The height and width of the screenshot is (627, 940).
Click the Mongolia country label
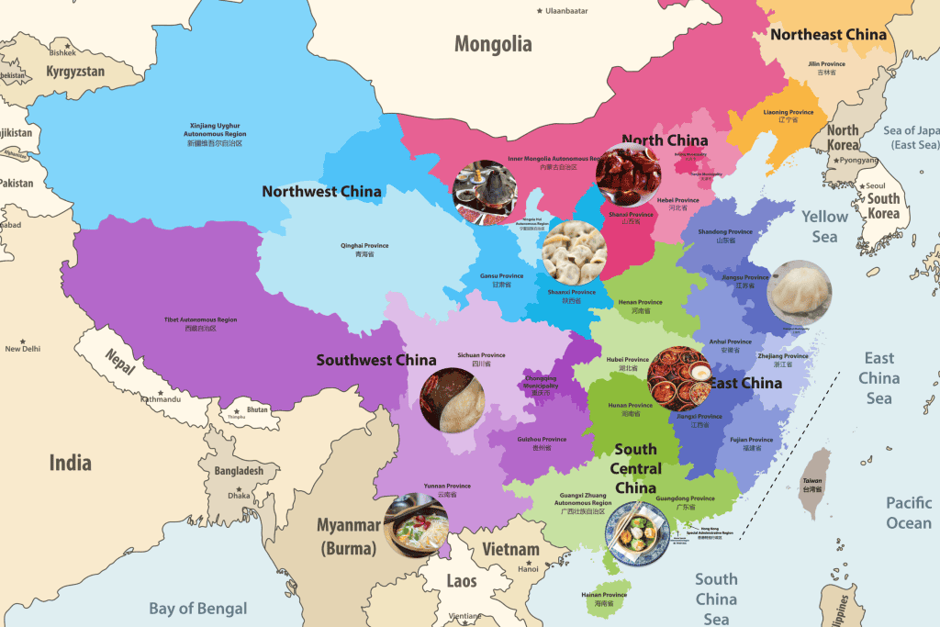[x=493, y=44]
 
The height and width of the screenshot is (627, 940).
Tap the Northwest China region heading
[x=321, y=192]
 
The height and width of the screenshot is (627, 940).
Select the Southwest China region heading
[x=376, y=360]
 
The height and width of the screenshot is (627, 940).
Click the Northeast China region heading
[x=828, y=35]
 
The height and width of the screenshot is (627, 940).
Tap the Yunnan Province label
[x=446, y=489]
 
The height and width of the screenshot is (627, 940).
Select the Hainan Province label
[x=604, y=599]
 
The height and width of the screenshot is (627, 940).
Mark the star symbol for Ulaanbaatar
[x=540, y=11]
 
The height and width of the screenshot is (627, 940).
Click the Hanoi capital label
[x=528, y=568]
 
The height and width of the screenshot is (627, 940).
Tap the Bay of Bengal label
[x=198, y=608]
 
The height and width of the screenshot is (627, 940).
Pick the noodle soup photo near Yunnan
[x=416, y=525]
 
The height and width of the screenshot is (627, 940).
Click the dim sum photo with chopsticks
[x=636, y=532]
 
